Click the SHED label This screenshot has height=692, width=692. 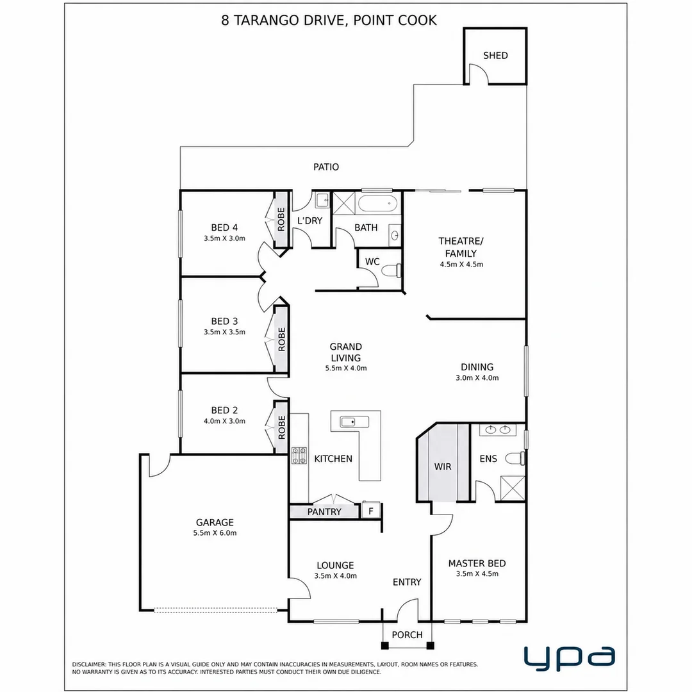tap(495, 56)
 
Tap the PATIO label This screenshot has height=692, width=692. tap(326, 167)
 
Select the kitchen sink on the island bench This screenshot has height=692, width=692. tap(354, 422)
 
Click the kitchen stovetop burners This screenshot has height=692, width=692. tap(299, 456)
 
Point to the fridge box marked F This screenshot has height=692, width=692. tap(371, 511)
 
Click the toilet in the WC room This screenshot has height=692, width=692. tap(392, 270)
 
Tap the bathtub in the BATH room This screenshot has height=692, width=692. tap(378, 204)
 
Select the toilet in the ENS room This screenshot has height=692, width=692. tap(515, 459)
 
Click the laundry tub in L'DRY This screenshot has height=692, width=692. tap(322, 201)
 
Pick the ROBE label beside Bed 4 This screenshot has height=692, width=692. tap(281, 219)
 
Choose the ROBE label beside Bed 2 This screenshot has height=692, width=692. tap(281, 427)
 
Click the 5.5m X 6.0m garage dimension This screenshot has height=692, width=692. tap(215, 532)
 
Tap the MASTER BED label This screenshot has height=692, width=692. tap(477, 563)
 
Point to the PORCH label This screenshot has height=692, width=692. tap(408, 634)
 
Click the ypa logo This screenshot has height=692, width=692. tap(570, 658)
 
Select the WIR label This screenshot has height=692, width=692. tap(443, 466)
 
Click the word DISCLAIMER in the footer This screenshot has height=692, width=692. tap(88, 664)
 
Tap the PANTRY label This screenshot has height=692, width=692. tap(324, 512)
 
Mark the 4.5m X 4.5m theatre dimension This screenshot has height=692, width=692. tap(461, 265)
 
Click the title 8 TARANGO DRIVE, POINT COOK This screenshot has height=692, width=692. tap(329, 21)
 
